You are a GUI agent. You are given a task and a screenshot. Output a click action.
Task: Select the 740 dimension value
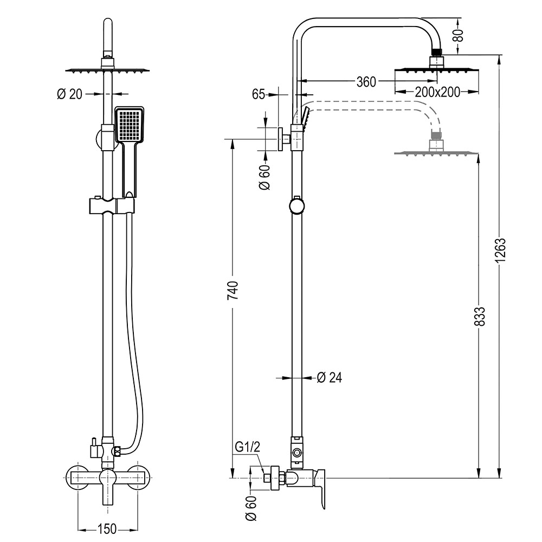click(x=232, y=291)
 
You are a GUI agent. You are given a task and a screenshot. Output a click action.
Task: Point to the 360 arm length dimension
click(x=366, y=82)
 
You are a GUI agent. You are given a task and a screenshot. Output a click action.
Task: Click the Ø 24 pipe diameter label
click(x=330, y=377)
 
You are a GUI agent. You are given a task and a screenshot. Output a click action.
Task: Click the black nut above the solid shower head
click(x=437, y=53)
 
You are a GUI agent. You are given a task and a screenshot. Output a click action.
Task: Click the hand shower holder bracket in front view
click(x=111, y=207)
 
